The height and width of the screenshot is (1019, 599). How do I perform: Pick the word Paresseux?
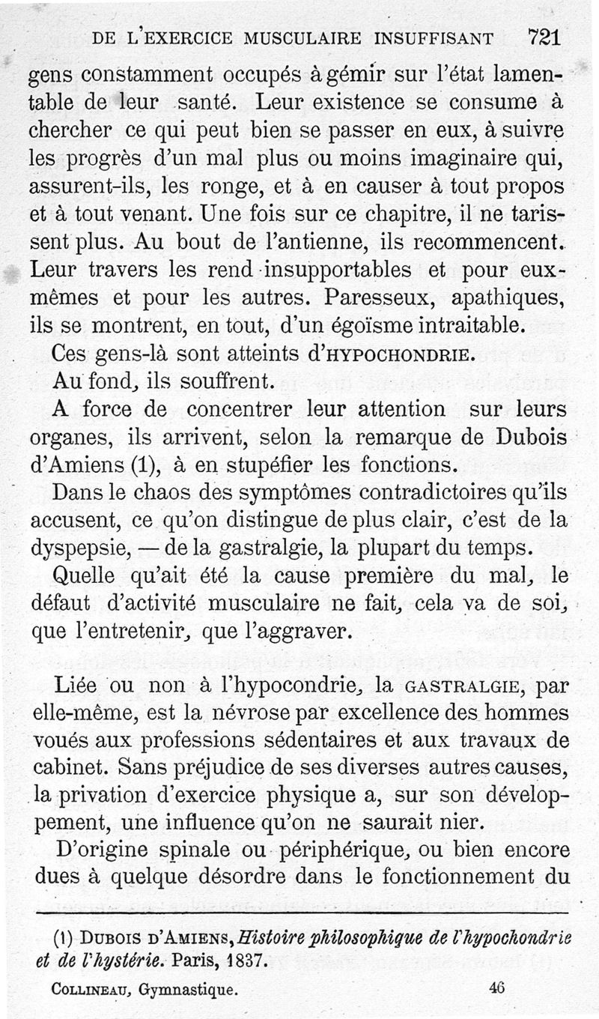click(381, 297)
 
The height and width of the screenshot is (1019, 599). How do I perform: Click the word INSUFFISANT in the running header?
click(440, 38)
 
